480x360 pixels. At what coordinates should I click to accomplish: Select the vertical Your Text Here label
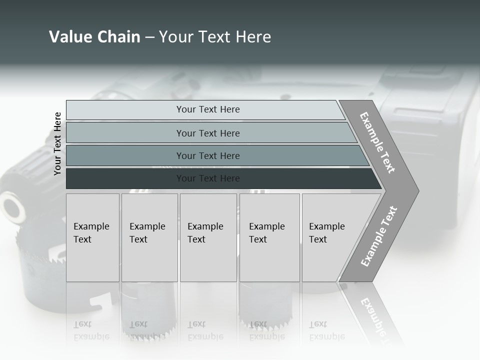pos(57,143)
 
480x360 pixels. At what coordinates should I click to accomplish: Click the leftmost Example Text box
pos(92,237)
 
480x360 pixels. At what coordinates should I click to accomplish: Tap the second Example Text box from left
pos(149,237)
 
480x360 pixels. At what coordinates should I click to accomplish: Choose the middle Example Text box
pos(208,237)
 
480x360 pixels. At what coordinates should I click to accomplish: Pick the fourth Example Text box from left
pos(269,237)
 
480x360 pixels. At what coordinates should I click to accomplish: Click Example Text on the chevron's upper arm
pos(377,142)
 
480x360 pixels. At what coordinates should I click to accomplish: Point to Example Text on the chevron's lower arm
pos(379,236)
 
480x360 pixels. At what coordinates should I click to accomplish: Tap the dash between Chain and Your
pos(149,37)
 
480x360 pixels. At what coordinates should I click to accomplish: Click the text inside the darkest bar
pos(208,178)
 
